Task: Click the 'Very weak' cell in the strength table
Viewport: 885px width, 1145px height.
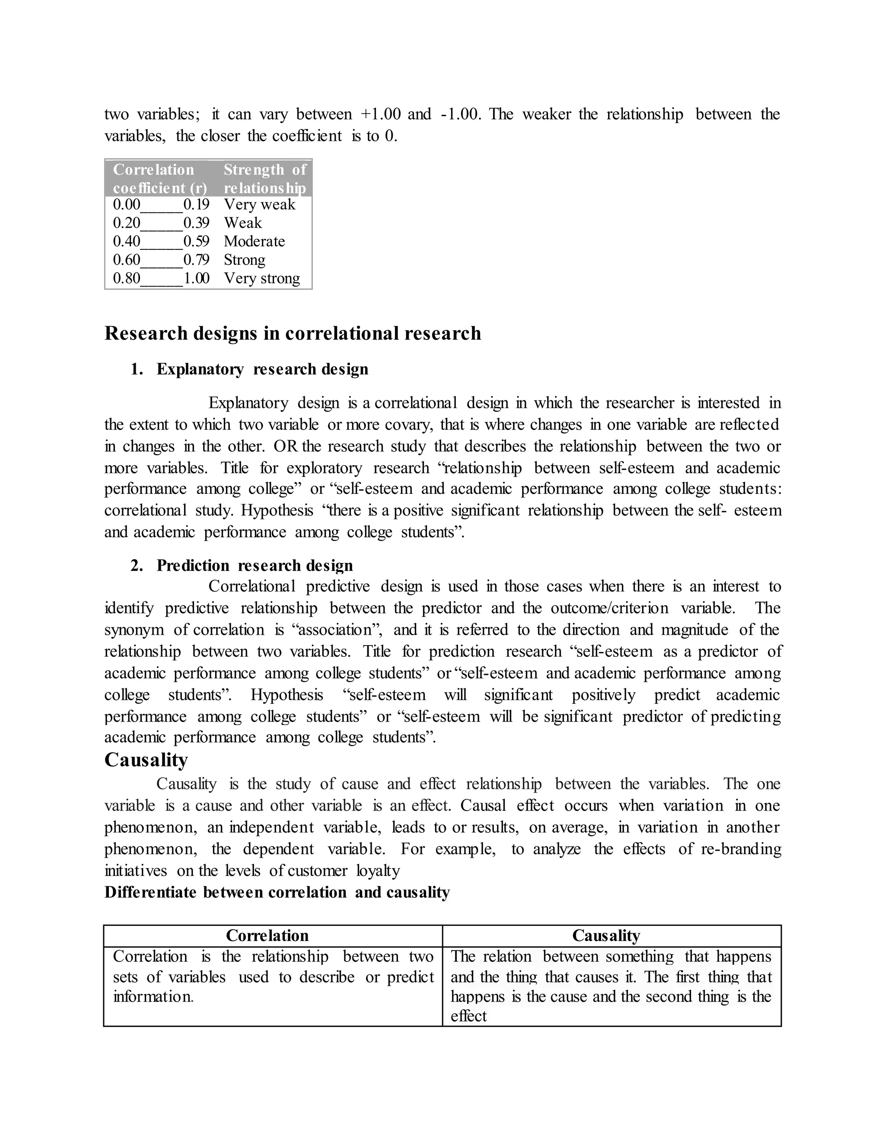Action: [260, 204]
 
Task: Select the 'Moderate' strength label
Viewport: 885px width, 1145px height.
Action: [254, 241]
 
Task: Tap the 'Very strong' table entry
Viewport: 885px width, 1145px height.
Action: [261, 278]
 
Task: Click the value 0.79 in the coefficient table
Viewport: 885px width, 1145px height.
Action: [196, 260]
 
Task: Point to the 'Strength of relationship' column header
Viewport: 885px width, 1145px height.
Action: [265, 179]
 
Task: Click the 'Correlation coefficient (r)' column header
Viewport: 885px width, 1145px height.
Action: [159, 179]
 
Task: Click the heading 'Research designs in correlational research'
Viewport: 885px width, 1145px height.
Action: [293, 334]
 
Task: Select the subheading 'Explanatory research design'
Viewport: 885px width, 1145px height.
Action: [262, 369]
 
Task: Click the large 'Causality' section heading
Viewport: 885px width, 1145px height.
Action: [146, 760]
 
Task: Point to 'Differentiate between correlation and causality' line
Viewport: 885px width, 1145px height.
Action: [277, 892]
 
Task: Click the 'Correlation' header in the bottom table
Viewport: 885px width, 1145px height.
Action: [267, 936]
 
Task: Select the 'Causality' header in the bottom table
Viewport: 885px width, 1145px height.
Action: [606, 936]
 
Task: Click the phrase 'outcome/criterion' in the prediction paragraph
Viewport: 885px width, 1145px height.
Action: [609, 608]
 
